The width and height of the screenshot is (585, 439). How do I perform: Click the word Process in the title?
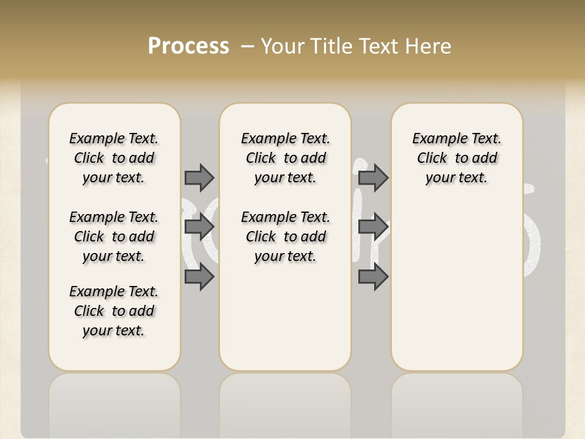click(188, 46)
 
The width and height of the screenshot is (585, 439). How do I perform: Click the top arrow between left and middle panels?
click(199, 177)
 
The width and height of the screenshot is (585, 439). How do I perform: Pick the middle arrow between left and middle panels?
click(199, 227)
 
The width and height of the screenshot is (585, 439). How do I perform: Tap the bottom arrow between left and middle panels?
click(199, 277)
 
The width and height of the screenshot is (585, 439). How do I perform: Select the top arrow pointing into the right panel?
click(373, 177)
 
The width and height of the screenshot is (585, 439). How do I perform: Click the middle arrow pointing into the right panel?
click(373, 227)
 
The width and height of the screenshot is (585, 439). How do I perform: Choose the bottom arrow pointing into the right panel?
click(373, 277)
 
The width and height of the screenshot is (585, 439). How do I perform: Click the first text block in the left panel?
click(114, 158)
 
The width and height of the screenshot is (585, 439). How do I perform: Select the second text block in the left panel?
click(114, 237)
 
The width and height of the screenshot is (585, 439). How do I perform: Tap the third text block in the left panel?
click(114, 311)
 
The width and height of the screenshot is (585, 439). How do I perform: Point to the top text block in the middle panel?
click(285, 158)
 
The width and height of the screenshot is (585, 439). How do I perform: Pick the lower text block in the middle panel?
click(285, 237)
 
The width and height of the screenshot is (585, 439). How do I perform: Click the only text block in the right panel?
click(456, 158)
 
